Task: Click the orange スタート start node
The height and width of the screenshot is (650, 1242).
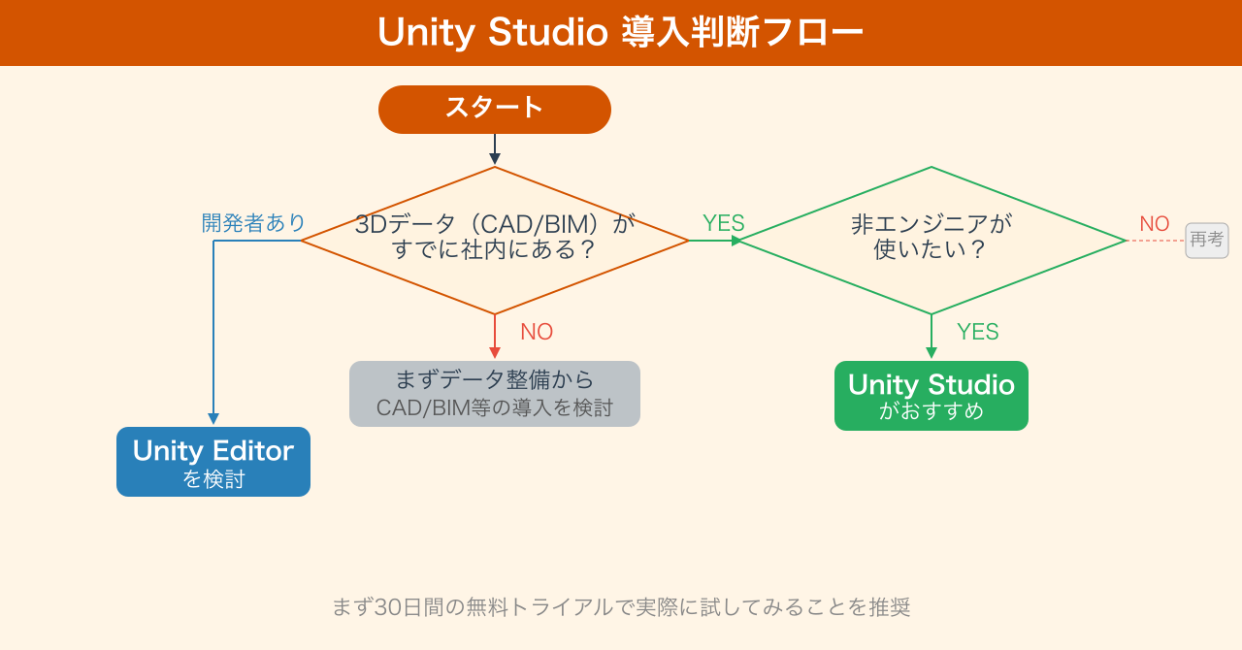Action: (495, 109)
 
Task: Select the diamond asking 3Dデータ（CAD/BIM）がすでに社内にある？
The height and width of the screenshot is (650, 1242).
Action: (495, 240)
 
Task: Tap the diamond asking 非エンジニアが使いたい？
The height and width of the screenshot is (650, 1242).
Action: (931, 240)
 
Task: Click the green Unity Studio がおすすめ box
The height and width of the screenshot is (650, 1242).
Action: (931, 396)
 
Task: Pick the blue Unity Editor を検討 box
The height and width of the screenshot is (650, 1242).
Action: (213, 462)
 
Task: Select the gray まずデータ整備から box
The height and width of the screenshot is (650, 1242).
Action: (495, 394)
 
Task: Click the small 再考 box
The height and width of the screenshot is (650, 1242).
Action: (1207, 240)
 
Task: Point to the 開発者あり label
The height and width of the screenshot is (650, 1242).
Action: (253, 223)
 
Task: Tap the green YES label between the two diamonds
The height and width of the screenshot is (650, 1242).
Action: (724, 223)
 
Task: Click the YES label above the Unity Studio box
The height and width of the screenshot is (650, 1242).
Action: (977, 332)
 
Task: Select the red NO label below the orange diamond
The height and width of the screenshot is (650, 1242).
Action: (537, 332)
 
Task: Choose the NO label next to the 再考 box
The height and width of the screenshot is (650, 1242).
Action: (1155, 224)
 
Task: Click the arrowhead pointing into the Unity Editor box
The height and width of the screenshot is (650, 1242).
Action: (213, 419)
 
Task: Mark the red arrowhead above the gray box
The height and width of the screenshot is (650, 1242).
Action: (495, 353)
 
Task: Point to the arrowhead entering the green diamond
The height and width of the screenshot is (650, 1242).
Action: (736, 241)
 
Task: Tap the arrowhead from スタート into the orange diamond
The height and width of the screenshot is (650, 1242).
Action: (495, 159)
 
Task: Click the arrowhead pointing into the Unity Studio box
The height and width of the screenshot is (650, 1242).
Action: (931, 353)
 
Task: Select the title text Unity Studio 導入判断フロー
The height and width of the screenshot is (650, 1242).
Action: (620, 33)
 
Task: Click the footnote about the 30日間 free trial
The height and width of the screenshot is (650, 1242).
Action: (621, 607)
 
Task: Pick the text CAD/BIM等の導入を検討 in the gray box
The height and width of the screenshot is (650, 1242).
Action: (495, 408)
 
